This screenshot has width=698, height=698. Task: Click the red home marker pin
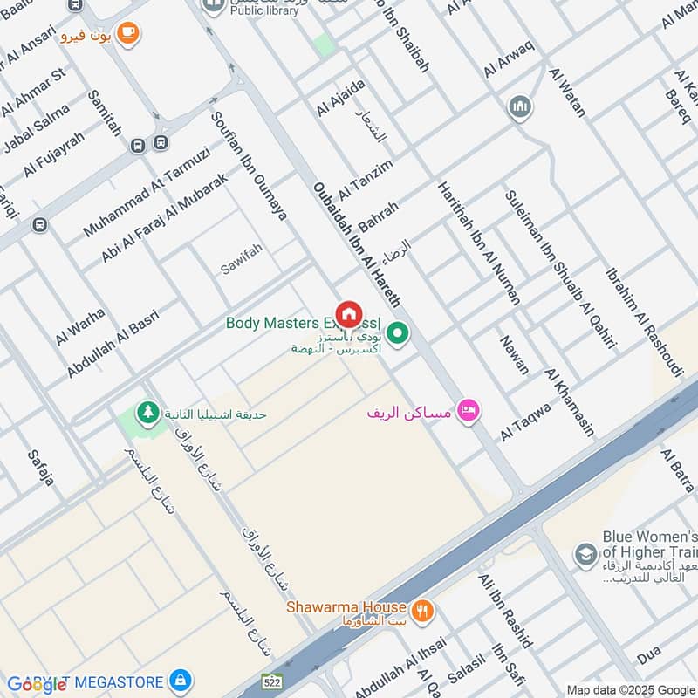click(349, 313)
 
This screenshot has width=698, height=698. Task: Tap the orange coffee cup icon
click(128, 33)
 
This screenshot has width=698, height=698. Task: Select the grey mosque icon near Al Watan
click(520, 108)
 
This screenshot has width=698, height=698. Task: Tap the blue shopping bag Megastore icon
click(181, 680)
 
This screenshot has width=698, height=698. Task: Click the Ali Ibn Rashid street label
click(505, 610)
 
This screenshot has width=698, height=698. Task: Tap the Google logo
click(37, 685)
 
